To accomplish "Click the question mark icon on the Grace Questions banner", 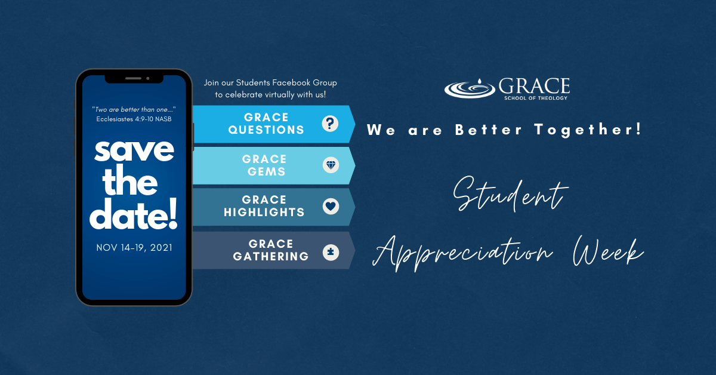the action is [330, 124].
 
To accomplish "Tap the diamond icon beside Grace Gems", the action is [331, 165].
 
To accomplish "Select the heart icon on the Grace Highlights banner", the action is [331, 206].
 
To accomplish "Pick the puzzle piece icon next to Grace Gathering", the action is [331, 252].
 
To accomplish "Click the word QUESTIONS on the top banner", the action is [266, 130].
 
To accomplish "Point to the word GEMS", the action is [266, 171].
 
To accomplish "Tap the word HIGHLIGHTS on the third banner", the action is [264, 212].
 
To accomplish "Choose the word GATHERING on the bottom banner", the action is [271, 256].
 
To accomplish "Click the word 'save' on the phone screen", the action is [134, 150].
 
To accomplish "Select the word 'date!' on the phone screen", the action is [133, 214].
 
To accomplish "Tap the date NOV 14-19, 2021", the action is [134, 248].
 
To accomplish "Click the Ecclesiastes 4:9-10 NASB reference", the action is [134, 119].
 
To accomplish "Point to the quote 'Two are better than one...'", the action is [134, 109].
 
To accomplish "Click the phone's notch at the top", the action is [134, 79].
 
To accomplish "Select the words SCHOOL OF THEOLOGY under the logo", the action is [536, 98].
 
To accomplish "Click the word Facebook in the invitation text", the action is [291, 82].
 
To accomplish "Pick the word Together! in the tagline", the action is [588, 130].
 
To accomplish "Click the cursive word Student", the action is [510, 194].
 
